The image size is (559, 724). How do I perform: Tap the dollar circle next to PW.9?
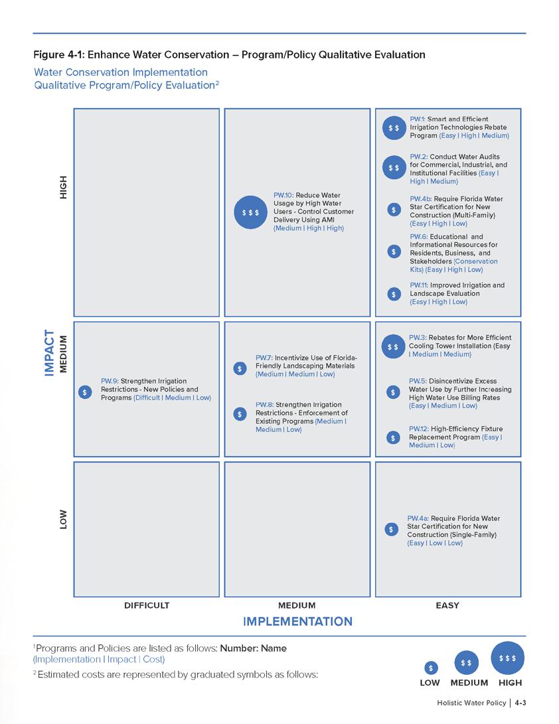(84, 392)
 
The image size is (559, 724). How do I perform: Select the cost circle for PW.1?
(394, 127)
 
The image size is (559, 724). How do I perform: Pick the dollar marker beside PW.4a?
(392, 530)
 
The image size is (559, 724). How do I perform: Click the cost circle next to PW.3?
(392, 346)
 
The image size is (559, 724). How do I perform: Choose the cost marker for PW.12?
(393, 437)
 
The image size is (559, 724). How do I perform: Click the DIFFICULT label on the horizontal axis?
(147, 605)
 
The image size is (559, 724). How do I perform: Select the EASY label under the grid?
(447, 605)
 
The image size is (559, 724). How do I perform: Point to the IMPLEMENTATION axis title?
(297, 622)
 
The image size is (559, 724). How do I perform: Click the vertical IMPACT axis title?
(49, 353)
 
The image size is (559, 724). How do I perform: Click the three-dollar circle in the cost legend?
(507, 658)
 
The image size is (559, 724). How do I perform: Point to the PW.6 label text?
(418, 236)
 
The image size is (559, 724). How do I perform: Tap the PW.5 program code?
(417, 381)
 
